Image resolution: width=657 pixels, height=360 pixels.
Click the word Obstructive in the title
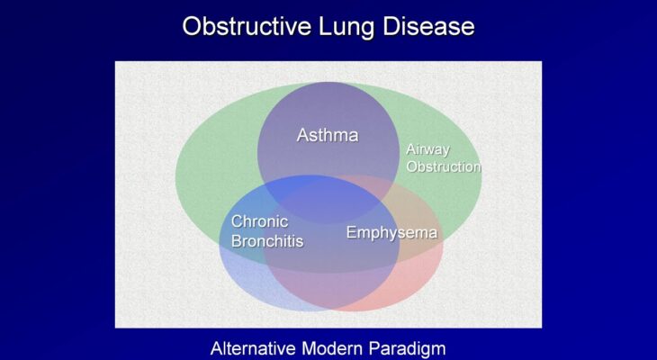(x=247, y=26)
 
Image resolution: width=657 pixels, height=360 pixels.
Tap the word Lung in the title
(x=346, y=27)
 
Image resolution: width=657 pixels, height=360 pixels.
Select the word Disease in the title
(x=428, y=26)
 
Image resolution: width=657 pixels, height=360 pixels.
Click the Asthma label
(x=328, y=135)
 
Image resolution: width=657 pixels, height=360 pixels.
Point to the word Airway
(x=427, y=150)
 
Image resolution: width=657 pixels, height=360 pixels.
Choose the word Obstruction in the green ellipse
(x=444, y=166)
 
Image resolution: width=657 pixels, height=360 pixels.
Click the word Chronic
(x=260, y=221)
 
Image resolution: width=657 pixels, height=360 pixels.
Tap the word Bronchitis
(x=267, y=241)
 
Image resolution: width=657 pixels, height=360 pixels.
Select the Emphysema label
(x=391, y=232)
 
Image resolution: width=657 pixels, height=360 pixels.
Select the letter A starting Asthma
(x=303, y=135)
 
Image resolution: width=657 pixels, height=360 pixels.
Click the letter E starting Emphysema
(x=351, y=232)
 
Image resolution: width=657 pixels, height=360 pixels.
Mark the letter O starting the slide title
(x=193, y=26)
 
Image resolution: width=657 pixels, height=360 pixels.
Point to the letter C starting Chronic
(x=238, y=221)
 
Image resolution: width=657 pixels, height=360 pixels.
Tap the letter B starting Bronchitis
(x=237, y=241)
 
